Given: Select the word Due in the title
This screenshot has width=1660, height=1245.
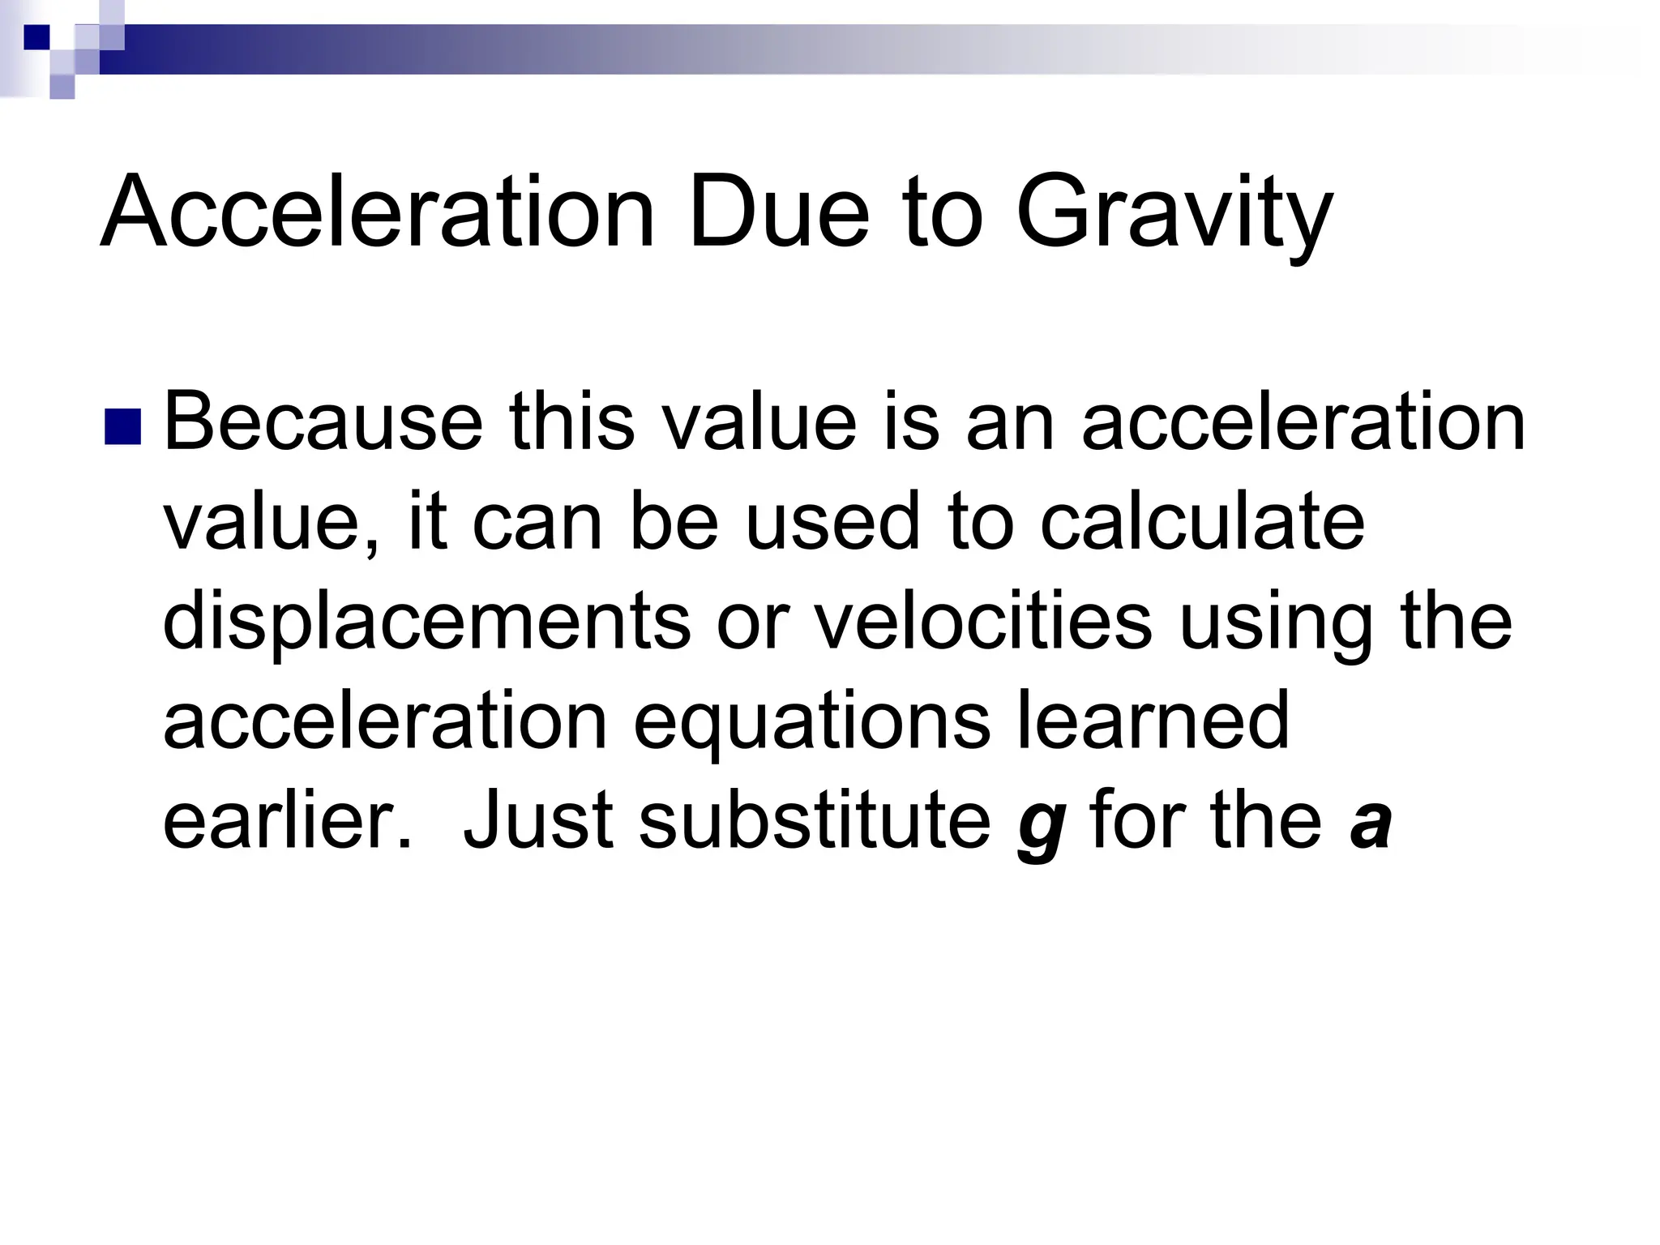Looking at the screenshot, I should coord(778,212).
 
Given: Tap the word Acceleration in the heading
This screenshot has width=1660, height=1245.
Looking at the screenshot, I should coord(377,212).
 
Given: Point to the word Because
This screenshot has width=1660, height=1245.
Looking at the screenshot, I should coord(323,422).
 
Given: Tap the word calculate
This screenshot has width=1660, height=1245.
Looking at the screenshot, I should coord(1202,522).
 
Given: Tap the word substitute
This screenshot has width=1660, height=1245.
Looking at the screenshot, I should coord(815,820).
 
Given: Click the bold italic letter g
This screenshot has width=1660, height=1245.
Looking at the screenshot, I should coord(1040,828).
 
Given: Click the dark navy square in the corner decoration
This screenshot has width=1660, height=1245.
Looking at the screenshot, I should coord(36,36).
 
